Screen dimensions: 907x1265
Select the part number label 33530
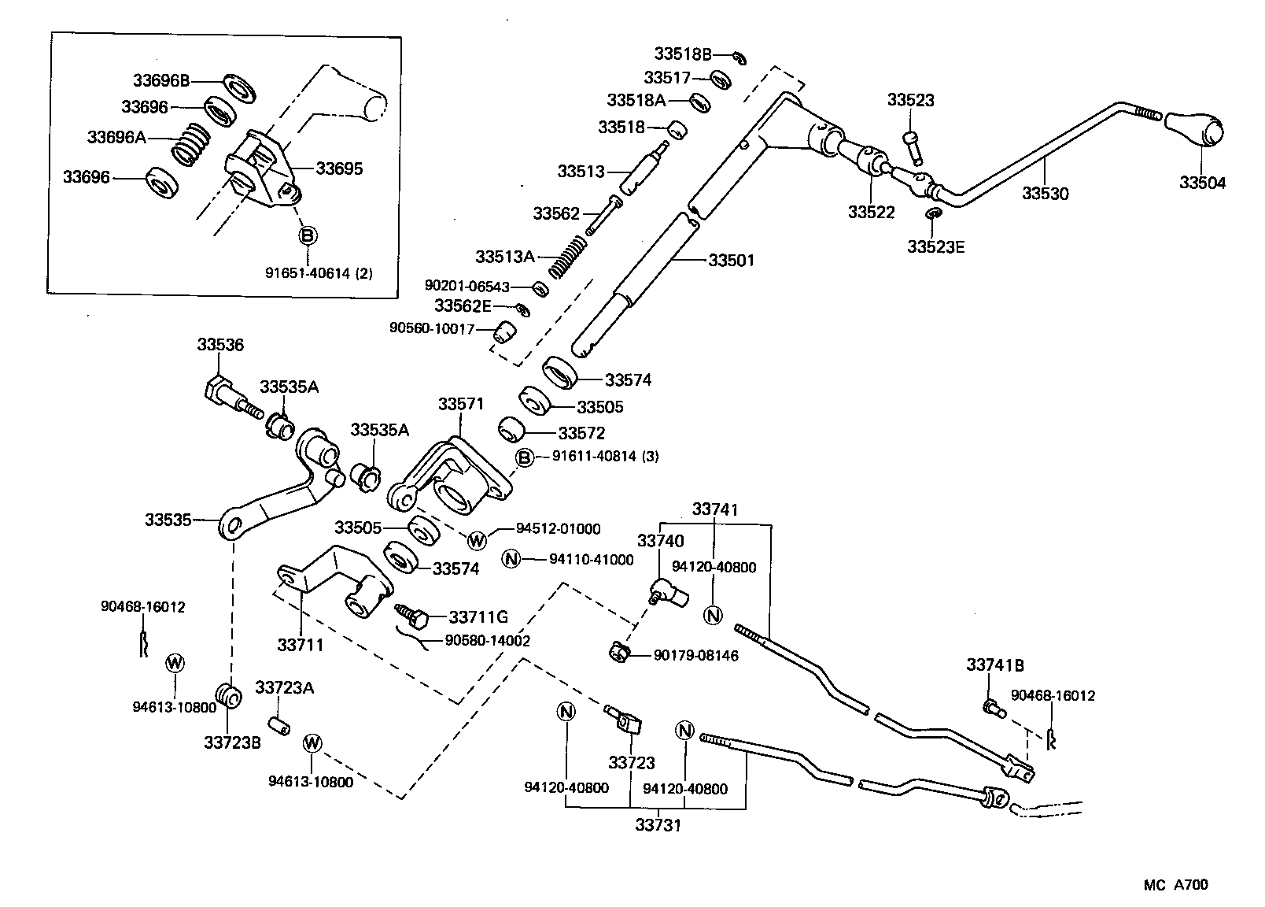[x=1046, y=193]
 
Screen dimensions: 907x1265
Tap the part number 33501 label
[x=731, y=260]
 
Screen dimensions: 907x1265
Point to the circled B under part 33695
[x=308, y=235]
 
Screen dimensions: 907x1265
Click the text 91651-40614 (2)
[x=318, y=274]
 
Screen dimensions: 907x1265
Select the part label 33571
[x=462, y=404]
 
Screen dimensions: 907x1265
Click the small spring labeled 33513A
[x=567, y=257]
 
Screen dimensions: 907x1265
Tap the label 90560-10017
[x=432, y=328]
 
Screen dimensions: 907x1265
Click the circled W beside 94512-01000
[x=477, y=540]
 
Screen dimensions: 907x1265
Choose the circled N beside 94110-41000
[x=511, y=559]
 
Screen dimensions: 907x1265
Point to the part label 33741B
[x=995, y=665]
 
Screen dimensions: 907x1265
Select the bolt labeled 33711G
[x=412, y=616]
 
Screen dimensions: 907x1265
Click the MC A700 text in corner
[x=1175, y=884]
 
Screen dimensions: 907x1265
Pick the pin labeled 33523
[x=913, y=146]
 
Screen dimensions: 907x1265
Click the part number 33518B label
[x=682, y=54]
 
